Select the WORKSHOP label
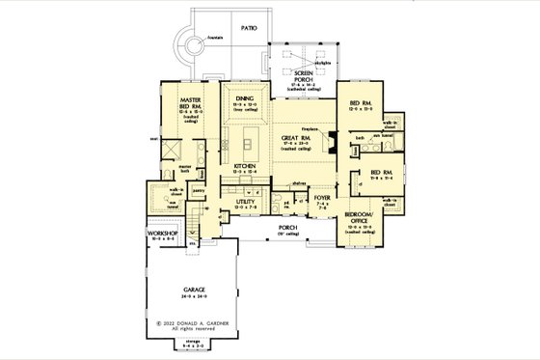click(x=165, y=234)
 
